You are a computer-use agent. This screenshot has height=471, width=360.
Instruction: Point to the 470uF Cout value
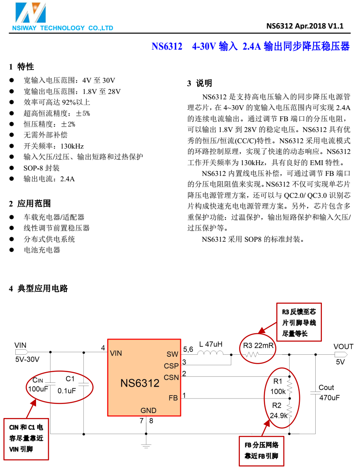(330, 398)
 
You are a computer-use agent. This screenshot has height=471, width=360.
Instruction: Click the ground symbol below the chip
(146, 445)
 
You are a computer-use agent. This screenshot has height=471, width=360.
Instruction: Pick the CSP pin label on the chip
(171, 366)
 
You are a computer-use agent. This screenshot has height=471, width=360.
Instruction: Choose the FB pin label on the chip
(173, 398)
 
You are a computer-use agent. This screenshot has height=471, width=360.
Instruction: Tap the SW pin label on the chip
(172, 354)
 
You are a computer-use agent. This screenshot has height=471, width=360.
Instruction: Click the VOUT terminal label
(343, 346)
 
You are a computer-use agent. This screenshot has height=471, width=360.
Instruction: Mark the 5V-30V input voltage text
(27, 359)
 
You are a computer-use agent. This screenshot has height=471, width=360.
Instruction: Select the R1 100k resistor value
(278, 392)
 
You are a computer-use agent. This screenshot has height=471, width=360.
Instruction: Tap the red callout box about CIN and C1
(26, 438)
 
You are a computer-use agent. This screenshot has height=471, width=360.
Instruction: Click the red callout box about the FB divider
(261, 451)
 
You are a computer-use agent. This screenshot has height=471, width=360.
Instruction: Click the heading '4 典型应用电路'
(38, 288)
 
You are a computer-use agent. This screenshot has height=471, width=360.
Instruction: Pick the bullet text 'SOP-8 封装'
(41, 168)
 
